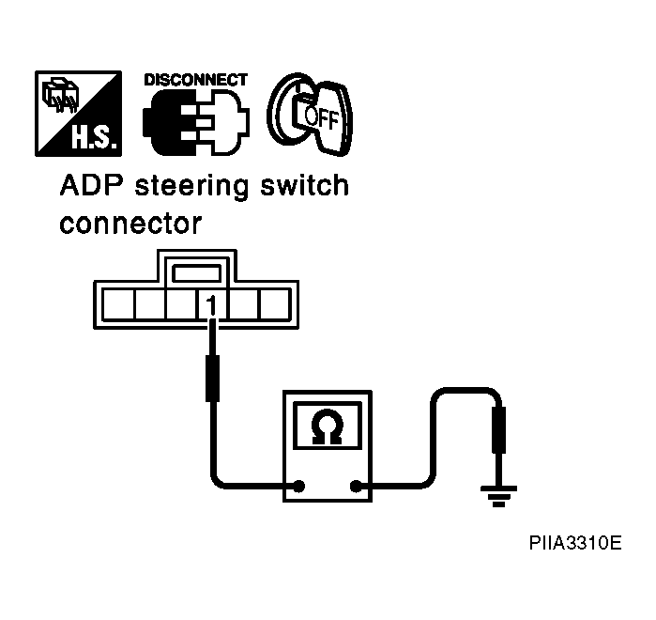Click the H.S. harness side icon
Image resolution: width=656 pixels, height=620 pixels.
78,114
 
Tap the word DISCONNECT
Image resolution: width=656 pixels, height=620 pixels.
196,80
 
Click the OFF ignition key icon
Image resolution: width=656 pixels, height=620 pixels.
310,114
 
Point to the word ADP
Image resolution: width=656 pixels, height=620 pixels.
92,185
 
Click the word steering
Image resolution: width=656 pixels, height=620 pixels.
191,187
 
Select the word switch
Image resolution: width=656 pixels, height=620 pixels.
305,185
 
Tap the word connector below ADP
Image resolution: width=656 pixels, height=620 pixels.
131,224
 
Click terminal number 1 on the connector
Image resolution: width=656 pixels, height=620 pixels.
212,305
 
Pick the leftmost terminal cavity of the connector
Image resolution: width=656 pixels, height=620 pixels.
118,304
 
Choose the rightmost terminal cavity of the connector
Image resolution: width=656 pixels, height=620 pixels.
275,304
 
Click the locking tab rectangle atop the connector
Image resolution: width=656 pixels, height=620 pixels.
197,273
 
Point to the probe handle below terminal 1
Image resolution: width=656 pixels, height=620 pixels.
212,379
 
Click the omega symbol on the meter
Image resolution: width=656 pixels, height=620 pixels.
328,426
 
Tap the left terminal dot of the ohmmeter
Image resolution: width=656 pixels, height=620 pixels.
298,486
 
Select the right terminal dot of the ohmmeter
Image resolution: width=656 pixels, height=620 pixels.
356,487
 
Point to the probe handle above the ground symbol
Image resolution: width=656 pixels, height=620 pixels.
498,430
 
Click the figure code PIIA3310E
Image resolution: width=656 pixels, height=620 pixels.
575,543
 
